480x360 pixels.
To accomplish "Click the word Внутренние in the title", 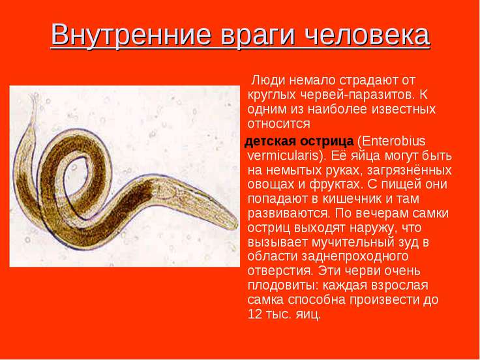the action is click(x=132, y=34).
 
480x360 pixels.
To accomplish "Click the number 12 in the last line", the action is click(x=254, y=314).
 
